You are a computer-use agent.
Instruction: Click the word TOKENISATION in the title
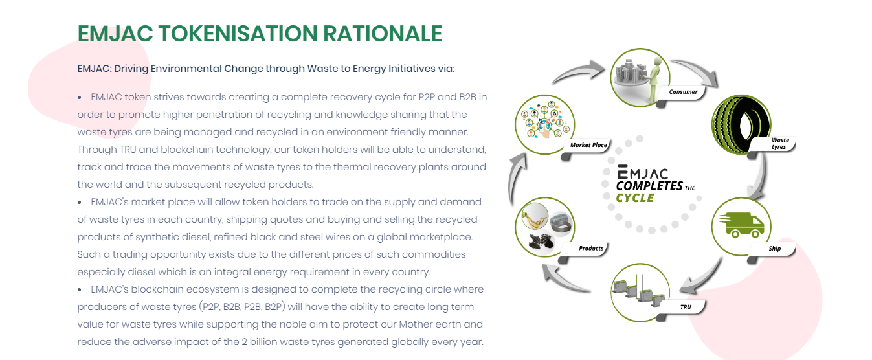pos(238,34)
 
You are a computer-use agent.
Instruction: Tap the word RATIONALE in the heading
pos(383,34)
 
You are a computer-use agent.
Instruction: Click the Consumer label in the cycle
pos(683,92)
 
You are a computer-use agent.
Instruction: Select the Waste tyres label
pos(779,143)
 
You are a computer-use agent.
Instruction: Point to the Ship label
pos(775,248)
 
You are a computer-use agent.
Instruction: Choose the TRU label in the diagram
pos(686,307)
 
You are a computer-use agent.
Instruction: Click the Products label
pos(591,248)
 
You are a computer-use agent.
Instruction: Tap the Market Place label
pos(588,145)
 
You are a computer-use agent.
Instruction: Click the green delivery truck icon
pos(742,225)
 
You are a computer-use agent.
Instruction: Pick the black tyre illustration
pos(741,124)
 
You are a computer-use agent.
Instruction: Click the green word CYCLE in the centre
pos(635,198)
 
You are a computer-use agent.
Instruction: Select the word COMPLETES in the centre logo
pos(649,186)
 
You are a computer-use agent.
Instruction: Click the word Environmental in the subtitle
pos(186,69)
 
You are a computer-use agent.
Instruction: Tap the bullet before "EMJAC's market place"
pos(80,203)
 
